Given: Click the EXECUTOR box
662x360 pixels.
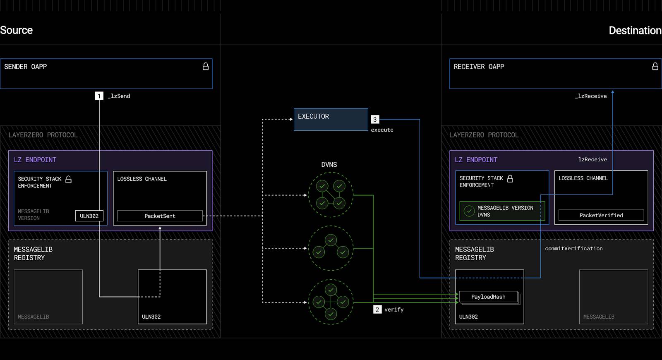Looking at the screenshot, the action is tap(331, 120).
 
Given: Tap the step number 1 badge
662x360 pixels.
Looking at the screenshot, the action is tap(99, 96).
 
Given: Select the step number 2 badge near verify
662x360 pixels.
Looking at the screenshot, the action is tap(377, 310).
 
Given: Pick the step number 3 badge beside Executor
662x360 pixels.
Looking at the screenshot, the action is tap(375, 120).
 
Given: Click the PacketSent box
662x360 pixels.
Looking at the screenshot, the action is tap(160, 216).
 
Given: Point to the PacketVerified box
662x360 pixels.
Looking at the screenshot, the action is tap(601, 216).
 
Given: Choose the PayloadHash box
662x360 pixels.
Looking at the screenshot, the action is tap(489, 297).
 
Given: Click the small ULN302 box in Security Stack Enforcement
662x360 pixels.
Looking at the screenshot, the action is tap(89, 216).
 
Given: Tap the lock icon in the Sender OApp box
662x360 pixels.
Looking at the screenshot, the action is tap(206, 67).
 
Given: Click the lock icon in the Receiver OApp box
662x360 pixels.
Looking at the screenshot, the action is tap(655, 67).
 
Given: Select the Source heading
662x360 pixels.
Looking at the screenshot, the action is tap(16, 30).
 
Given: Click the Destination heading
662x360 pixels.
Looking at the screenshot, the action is tap(635, 31).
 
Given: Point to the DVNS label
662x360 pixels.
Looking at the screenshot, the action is tap(329, 165).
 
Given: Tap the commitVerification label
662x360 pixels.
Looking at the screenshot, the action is tap(573, 249).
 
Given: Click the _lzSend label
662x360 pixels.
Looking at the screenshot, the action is tap(119, 96).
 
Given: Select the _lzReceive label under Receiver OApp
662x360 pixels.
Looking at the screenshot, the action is tap(591, 96).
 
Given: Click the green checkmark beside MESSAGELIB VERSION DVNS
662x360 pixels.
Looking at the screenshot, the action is tap(469, 211).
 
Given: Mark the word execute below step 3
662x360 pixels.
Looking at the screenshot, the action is tap(382, 130).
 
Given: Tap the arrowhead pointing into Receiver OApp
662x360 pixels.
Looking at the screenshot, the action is tap(613, 92).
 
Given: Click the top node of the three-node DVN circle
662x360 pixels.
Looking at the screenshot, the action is tap(331, 240).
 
